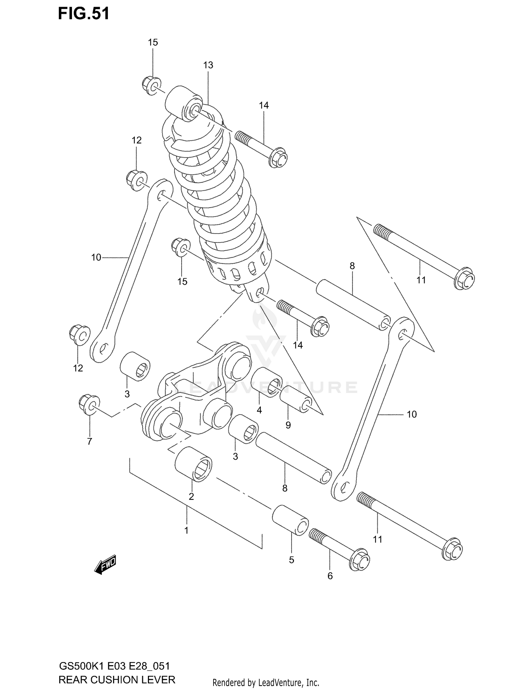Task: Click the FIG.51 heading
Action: click(x=84, y=14)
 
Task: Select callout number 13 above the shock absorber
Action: click(x=208, y=65)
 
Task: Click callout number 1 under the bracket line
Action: click(x=186, y=530)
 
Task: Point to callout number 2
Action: click(x=191, y=497)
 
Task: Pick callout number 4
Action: click(x=259, y=410)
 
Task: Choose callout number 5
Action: click(x=292, y=560)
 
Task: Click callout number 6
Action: click(x=330, y=576)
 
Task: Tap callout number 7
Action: click(x=89, y=442)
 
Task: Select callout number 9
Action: click(x=288, y=425)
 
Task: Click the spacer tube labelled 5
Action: click(x=290, y=520)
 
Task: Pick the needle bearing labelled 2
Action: click(x=194, y=464)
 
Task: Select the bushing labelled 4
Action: click(x=266, y=383)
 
